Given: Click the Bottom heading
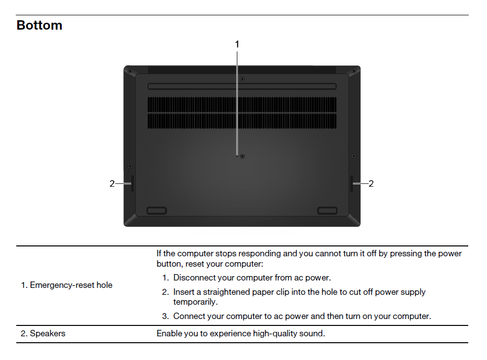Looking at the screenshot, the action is [39, 25].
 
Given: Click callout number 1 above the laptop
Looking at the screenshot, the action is [237, 44].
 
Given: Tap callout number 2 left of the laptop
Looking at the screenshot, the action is [112, 184].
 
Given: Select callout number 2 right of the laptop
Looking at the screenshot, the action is [371, 183].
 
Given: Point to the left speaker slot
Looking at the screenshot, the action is [132, 183].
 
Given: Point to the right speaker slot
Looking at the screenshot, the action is [352, 183].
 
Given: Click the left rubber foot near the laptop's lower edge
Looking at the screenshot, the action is [156, 211].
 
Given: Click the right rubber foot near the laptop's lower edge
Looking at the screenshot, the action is [327, 211].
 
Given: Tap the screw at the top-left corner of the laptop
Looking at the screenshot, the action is [130, 71].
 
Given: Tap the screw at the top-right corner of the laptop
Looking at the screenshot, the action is [354, 71].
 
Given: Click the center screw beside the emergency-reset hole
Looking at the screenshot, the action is [242, 156].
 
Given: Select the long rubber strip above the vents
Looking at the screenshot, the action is [242, 86].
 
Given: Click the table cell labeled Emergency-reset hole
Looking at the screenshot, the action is [67, 285].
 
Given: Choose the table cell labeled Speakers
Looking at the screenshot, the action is [43, 333].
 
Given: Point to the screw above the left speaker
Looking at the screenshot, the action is [130, 166].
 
